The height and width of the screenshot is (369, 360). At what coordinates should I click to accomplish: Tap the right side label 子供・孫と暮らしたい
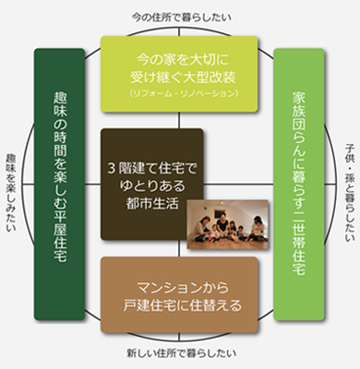click(349, 184)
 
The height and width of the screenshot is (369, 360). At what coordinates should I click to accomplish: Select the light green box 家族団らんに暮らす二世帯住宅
click(299, 184)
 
